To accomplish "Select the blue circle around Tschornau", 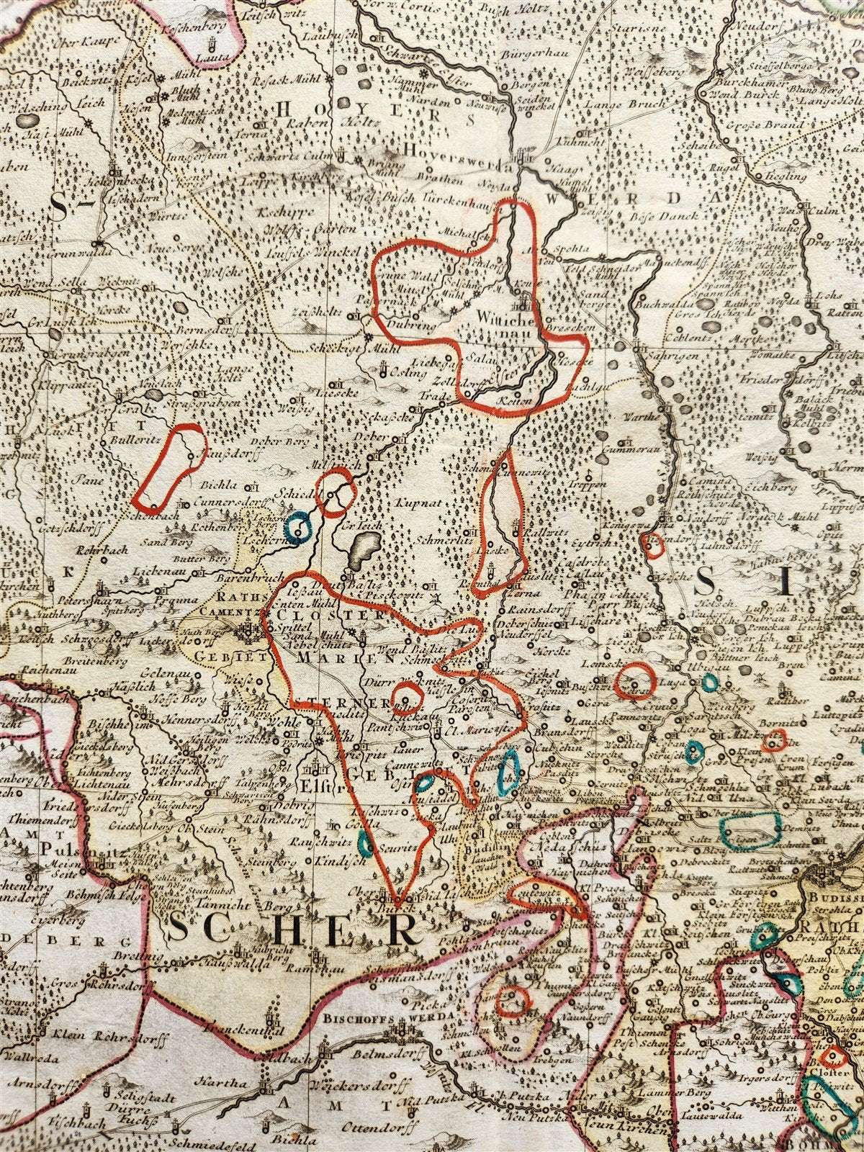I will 297,526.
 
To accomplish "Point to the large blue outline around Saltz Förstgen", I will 752,829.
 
